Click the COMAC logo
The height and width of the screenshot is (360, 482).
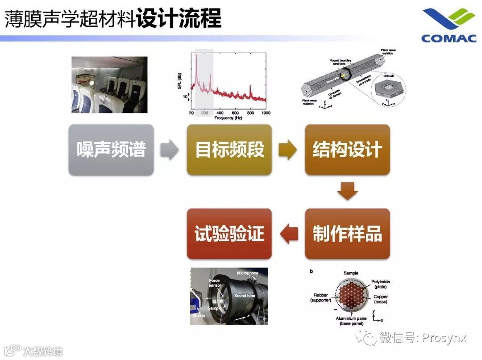[x=449, y=25]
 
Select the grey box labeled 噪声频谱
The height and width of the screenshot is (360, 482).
[x=111, y=150]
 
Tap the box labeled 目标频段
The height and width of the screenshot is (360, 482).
[x=229, y=150]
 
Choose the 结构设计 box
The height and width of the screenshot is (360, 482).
[x=347, y=150]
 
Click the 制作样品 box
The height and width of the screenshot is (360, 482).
[x=347, y=234]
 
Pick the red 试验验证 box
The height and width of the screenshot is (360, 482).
[x=229, y=234]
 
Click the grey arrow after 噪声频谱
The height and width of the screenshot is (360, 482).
[x=169, y=150]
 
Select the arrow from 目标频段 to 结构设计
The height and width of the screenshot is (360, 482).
[x=288, y=150]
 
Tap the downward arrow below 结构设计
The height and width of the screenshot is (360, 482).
[x=347, y=191]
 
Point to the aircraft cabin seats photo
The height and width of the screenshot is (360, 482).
[x=109, y=84]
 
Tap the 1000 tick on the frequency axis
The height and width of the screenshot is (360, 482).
[x=266, y=113]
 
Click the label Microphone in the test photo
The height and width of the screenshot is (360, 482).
[x=248, y=273]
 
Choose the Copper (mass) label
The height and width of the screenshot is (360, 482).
[x=380, y=299]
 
